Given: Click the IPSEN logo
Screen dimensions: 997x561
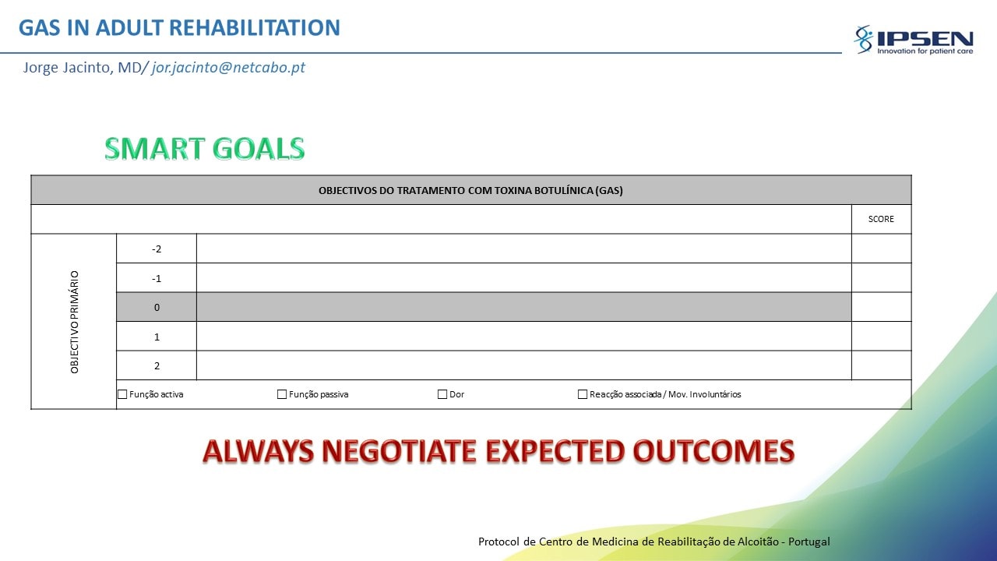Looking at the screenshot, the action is click(x=914, y=40).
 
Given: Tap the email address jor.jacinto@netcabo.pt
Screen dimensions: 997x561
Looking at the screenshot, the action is click(x=228, y=67).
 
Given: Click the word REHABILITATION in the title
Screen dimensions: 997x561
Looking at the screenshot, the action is click(x=255, y=27).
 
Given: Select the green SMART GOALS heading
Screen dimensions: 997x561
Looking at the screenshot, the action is click(x=205, y=148).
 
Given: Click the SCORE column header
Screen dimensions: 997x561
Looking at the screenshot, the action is click(x=881, y=219).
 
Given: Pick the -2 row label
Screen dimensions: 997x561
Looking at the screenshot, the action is click(x=157, y=249).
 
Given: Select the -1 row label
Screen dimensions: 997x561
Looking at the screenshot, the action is click(x=157, y=279).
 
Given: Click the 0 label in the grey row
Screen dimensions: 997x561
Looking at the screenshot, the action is click(x=157, y=307).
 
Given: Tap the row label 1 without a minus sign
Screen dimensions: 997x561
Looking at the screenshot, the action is click(x=157, y=337).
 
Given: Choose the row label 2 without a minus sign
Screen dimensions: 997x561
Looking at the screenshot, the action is click(x=157, y=366).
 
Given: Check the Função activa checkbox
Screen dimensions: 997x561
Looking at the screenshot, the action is click(x=122, y=394).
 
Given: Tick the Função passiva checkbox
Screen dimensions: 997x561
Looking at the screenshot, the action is click(x=282, y=394).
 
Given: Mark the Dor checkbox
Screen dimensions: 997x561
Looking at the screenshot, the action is click(x=442, y=394).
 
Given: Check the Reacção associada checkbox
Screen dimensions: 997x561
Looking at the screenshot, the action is click(x=582, y=394).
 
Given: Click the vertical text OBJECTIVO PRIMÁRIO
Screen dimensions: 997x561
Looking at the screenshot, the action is click(x=74, y=322).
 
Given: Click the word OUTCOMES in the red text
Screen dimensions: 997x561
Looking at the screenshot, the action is click(x=713, y=451).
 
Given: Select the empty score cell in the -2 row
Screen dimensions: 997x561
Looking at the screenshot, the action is click(x=881, y=249).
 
